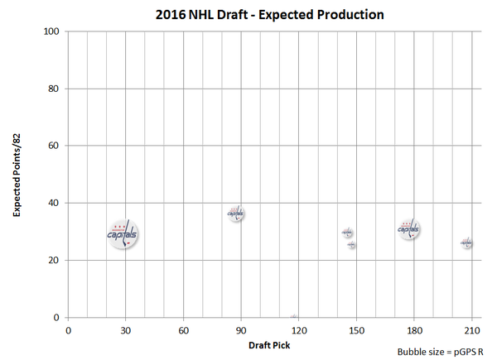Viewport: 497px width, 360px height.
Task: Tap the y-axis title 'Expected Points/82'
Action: (x=17, y=175)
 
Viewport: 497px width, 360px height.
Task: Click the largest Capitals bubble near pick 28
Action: (x=123, y=235)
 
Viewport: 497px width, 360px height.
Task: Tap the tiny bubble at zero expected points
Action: (x=294, y=316)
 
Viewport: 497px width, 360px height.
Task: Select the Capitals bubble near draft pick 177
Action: (x=408, y=229)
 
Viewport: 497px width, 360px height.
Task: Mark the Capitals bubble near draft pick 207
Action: (x=467, y=243)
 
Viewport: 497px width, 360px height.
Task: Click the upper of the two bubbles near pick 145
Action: (x=348, y=233)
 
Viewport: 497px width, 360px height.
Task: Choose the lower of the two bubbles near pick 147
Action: (x=352, y=245)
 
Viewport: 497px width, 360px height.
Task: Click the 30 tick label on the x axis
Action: (x=125, y=329)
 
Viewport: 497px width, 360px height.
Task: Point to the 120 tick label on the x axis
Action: (x=299, y=329)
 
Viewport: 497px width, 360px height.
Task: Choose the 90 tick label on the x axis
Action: (x=241, y=329)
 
